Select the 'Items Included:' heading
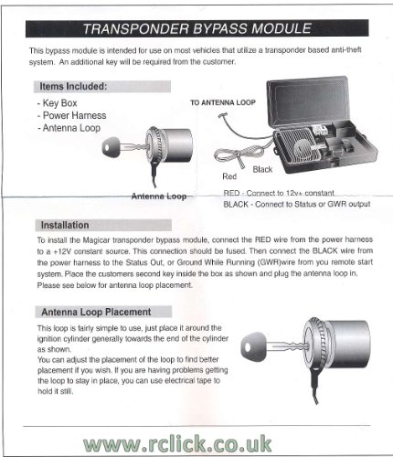(72, 86)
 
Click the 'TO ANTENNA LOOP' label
(224, 104)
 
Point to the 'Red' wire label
(230, 175)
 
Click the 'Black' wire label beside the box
(262, 169)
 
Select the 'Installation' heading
(65, 225)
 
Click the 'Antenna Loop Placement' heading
(96, 312)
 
